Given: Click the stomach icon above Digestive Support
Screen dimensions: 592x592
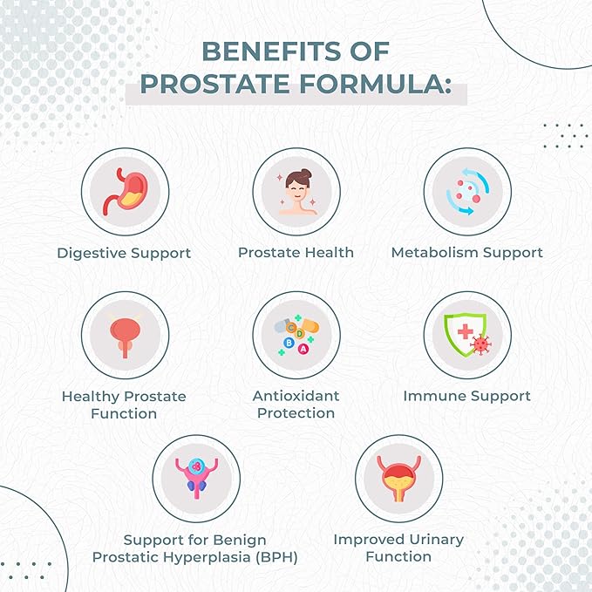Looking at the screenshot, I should [x=124, y=190].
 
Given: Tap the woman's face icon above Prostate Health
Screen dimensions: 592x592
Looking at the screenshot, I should [x=296, y=192].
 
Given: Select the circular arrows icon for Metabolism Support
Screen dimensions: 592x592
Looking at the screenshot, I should [x=466, y=191].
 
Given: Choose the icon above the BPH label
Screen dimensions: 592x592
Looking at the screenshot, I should [x=195, y=479].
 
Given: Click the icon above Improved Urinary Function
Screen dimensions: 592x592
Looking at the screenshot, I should [x=398, y=479].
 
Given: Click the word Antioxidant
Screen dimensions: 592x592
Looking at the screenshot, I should [x=296, y=396].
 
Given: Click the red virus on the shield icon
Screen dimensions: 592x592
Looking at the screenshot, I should [x=478, y=345].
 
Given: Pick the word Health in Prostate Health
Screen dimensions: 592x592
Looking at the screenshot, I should [x=329, y=253].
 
